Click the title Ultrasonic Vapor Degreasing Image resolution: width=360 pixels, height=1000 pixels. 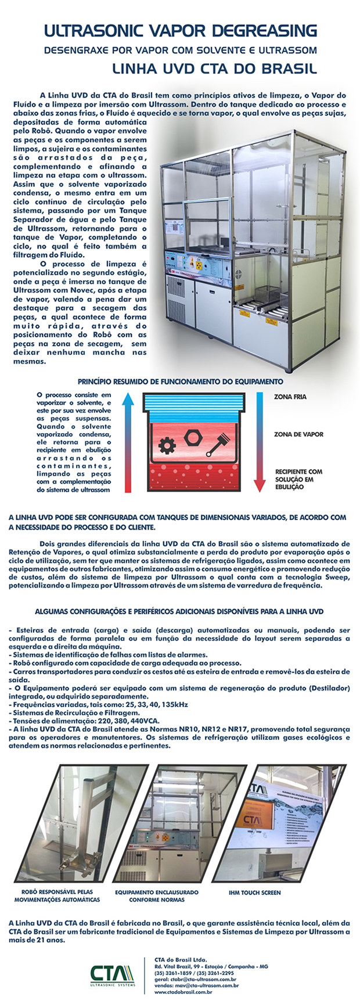point(181,30)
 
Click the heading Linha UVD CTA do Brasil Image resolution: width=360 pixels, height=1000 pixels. point(214,69)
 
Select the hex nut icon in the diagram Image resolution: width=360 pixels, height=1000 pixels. point(192,436)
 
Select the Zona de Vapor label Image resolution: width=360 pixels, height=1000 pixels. point(298,434)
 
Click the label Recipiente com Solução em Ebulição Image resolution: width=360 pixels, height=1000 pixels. point(298,479)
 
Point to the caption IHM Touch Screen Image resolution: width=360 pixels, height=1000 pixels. point(254,893)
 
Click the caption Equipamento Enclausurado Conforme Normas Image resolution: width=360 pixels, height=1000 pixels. point(156,896)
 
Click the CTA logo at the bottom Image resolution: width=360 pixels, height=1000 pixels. point(113,972)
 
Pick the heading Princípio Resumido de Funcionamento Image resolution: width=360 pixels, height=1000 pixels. point(181,382)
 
